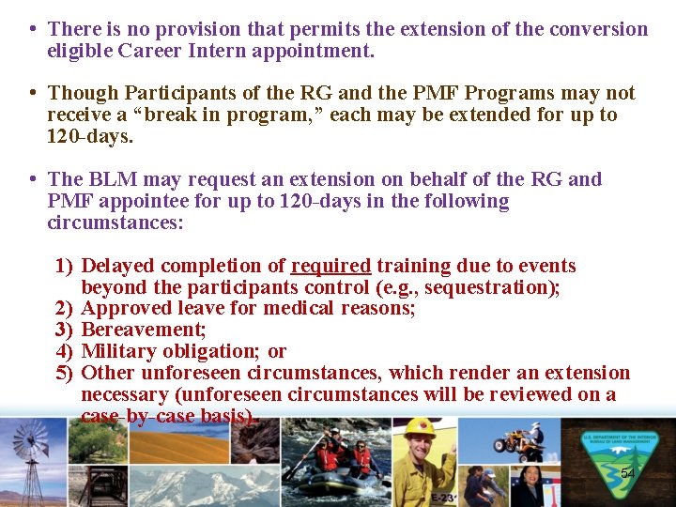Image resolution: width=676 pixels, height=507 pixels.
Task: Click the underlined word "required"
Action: (330, 266)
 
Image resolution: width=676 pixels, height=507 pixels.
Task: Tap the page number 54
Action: (627, 474)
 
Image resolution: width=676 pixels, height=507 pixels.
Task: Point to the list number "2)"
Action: (64, 308)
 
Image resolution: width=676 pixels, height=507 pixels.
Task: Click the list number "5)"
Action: (64, 373)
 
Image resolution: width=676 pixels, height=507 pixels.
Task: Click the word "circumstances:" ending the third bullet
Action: (115, 223)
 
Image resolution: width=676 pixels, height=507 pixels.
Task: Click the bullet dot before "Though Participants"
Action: (33, 93)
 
